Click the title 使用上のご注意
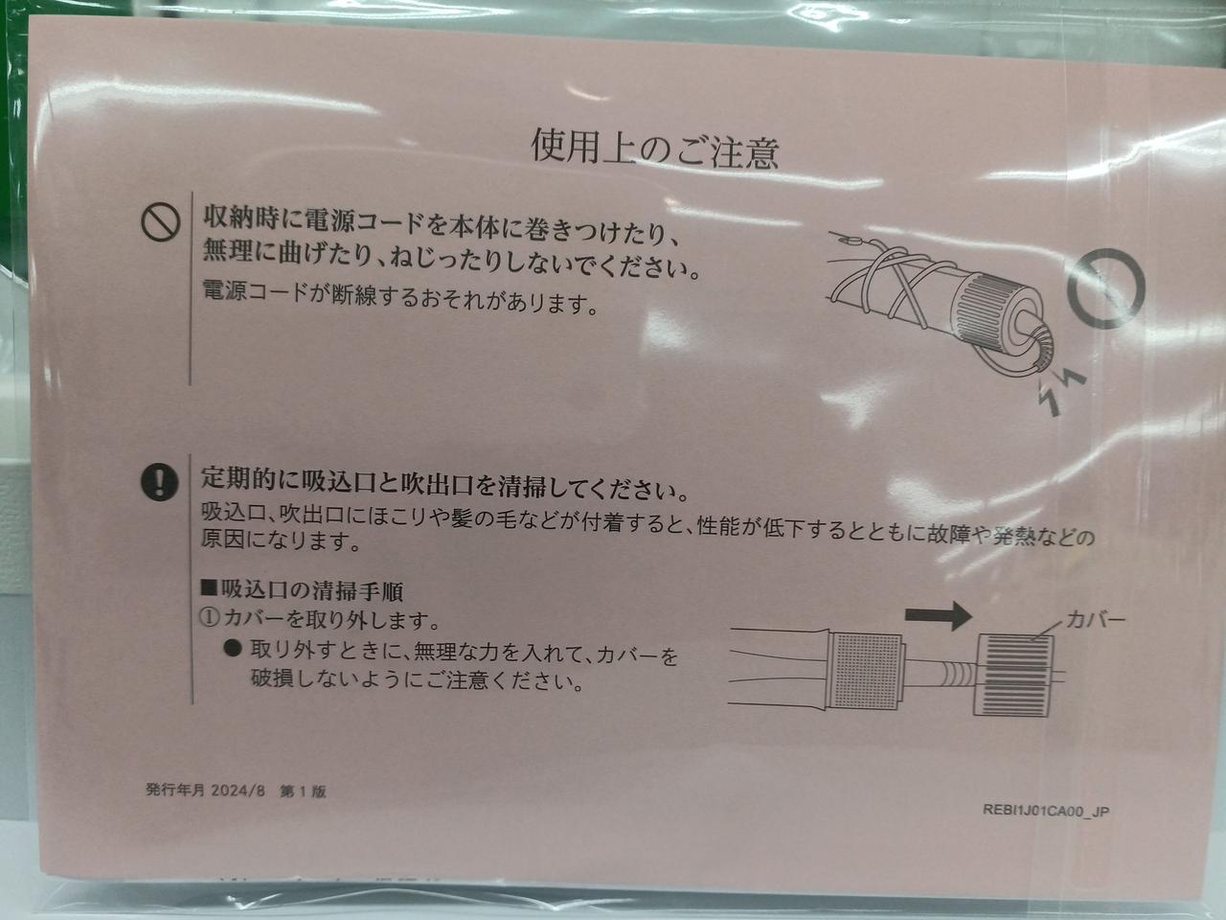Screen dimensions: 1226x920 pos(654,149)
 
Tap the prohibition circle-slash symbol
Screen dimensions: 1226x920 pos(160,222)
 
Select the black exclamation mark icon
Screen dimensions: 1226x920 pos(160,482)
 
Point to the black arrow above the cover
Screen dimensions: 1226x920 pos(939,615)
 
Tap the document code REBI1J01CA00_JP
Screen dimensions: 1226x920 pos(1046,811)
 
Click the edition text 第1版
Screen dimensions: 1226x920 pos(302,791)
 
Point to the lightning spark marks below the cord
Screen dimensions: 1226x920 pos(1058,391)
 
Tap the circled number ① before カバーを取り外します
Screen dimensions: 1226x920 pos(210,619)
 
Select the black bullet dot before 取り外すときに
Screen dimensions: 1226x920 pos(233,649)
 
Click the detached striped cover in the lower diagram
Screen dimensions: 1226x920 pos(1013,676)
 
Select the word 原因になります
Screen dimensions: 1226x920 pos(281,541)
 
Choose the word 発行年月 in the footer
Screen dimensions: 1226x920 pos(175,790)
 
